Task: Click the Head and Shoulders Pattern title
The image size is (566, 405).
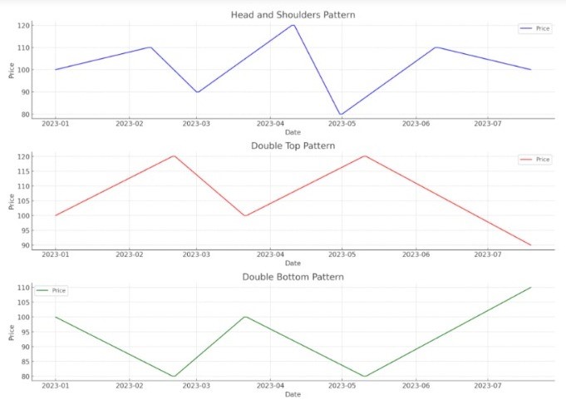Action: click(293, 14)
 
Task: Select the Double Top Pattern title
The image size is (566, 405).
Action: click(293, 146)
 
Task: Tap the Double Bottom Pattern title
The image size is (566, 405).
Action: click(293, 276)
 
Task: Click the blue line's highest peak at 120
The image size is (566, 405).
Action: click(293, 25)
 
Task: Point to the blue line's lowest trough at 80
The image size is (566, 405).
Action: click(341, 115)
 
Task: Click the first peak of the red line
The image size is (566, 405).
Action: click(175, 156)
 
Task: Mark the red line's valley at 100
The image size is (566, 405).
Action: click(245, 215)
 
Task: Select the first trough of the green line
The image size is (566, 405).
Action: click(175, 376)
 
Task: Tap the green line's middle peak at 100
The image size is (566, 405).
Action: click(245, 317)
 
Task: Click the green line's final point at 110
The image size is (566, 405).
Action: click(530, 288)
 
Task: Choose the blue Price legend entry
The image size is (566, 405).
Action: click(534, 28)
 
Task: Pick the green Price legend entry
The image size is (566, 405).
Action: click(52, 290)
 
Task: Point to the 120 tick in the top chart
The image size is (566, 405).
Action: click(23, 26)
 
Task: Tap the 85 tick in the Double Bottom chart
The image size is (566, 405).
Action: click(25, 362)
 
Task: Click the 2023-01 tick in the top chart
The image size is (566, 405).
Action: click(56, 124)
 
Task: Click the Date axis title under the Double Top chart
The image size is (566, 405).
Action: click(293, 264)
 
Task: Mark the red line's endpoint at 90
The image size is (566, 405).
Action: click(530, 244)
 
